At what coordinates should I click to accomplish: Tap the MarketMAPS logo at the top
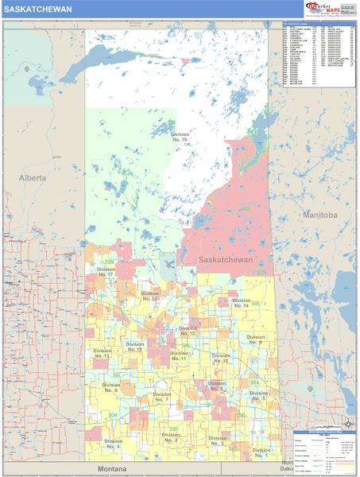[x=326, y=10]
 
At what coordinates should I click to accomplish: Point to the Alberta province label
[x=33, y=178]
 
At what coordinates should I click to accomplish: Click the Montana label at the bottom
[x=113, y=470]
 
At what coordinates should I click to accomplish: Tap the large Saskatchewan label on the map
[x=225, y=260]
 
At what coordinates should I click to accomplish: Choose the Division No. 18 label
[x=180, y=137]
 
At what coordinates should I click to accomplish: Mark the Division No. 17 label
[x=106, y=272]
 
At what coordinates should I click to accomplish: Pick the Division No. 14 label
[x=241, y=303]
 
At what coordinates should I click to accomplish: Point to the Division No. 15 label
[x=188, y=331]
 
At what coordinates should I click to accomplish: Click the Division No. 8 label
[x=110, y=388]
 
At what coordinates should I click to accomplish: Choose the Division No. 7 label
[x=161, y=397]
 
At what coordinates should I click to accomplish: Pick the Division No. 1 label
[x=261, y=452]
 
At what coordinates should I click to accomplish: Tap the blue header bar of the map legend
[x=325, y=432]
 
